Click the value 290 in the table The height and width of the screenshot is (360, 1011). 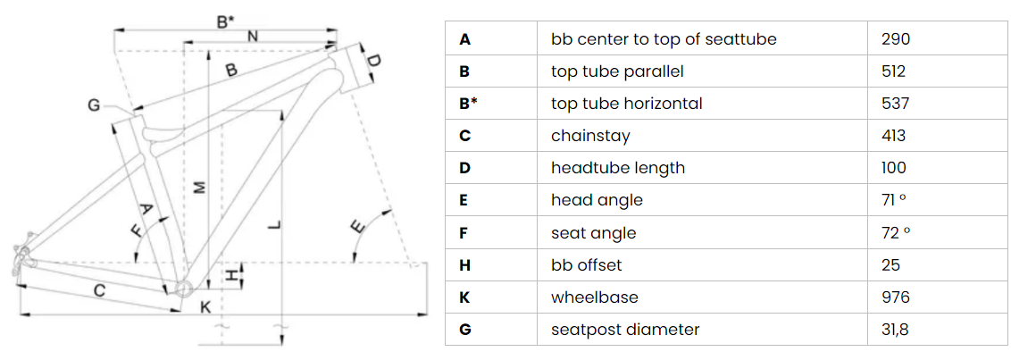(895, 39)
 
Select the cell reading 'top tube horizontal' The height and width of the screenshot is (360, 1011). (627, 104)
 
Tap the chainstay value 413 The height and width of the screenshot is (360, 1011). (892, 136)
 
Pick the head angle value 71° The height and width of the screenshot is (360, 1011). (894, 200)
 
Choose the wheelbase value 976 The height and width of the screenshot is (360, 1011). (895, 297)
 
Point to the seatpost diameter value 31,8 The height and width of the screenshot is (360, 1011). (895, 330)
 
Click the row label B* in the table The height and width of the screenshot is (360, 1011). (468, 104)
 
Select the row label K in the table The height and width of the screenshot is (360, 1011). (465, 297)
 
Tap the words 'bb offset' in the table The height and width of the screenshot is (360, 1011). (586, 265)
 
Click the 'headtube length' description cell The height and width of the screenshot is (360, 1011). (618, 168)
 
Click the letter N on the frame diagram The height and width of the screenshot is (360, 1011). (253, 37)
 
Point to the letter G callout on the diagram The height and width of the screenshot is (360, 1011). (95, 106)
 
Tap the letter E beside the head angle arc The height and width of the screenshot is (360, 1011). (358, 229)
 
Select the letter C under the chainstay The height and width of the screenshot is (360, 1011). (100, 291)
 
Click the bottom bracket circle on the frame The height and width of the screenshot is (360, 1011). (184, 289)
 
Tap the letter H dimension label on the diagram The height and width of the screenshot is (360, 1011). (230, 277)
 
